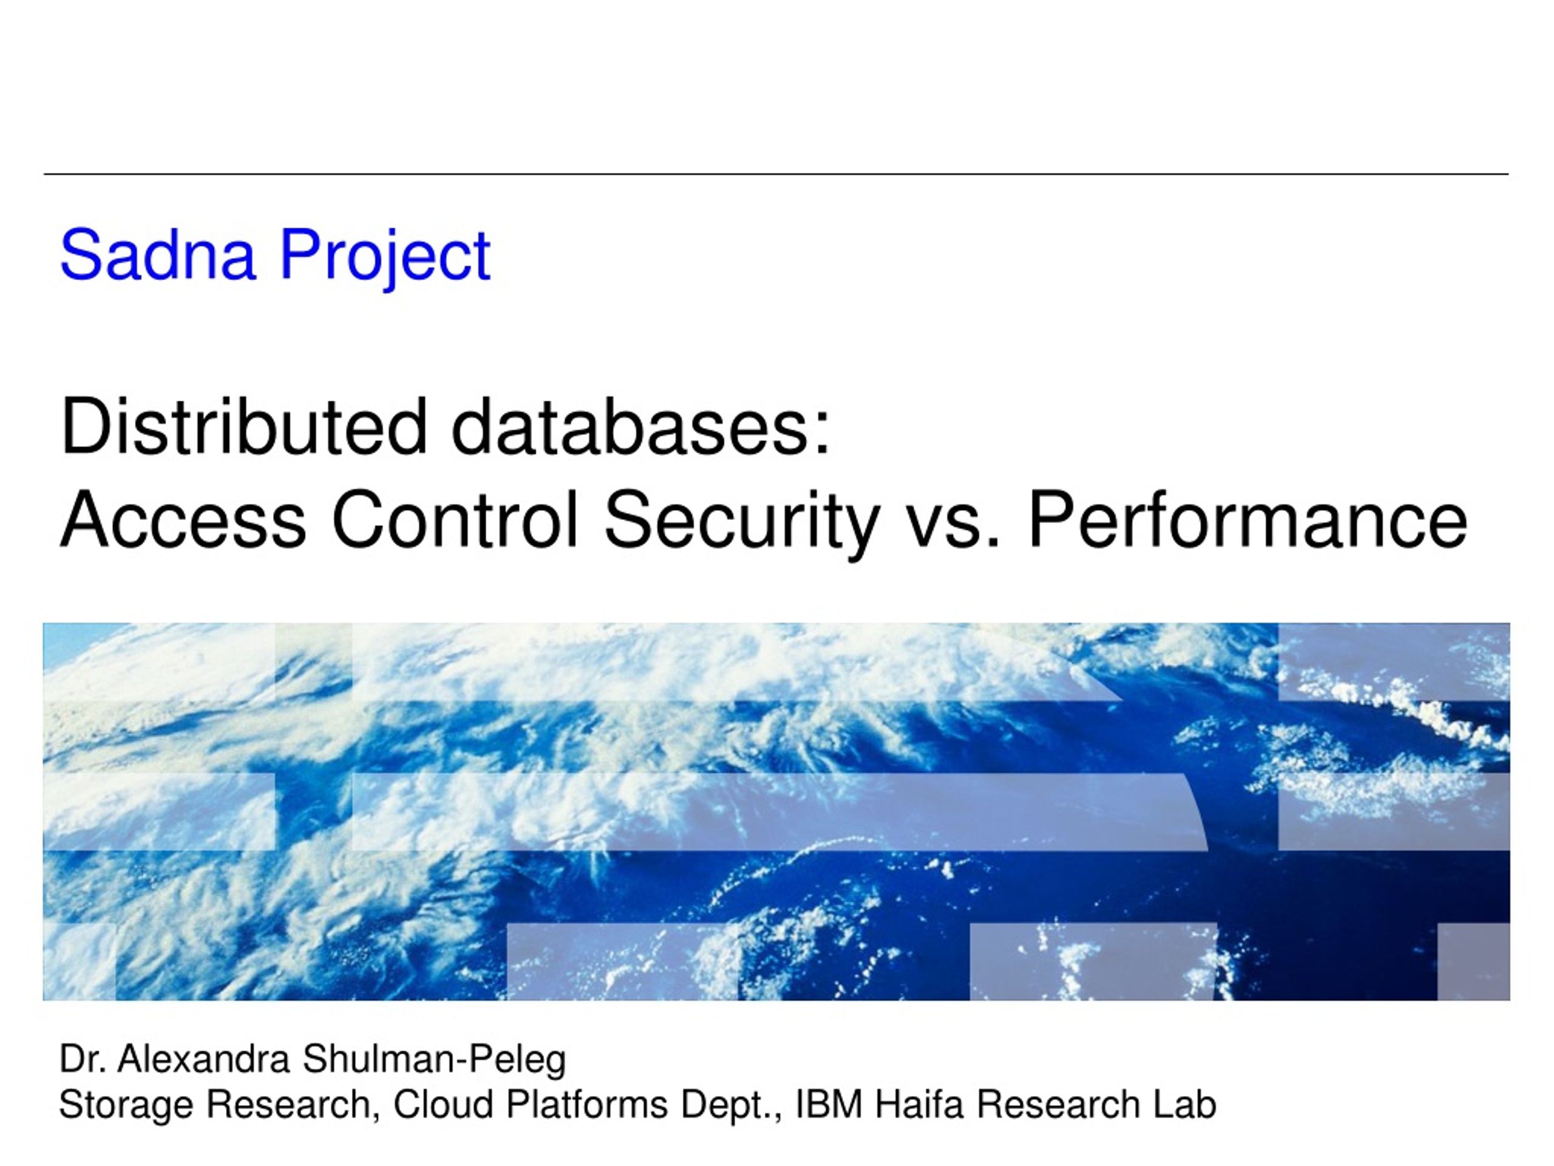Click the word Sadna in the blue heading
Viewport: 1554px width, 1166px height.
[157, 254]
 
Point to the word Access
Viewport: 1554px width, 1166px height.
[183, 519]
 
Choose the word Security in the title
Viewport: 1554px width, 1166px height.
[742, 524]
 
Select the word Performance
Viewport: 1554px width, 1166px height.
[1247, 519]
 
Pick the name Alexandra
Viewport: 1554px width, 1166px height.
[203, 1059]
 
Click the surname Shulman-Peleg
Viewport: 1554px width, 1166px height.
[434, 1062]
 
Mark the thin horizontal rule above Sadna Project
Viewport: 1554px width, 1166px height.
[776, 174]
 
